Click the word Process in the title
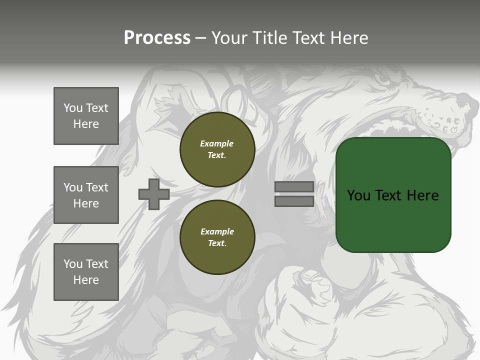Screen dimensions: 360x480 157,38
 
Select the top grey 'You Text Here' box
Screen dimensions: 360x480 86,116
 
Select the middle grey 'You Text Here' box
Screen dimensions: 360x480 86,195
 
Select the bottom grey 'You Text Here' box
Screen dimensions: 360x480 86,272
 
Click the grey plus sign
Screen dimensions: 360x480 154,194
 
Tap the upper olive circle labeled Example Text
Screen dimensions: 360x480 217,149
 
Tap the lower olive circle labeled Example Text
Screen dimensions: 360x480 217,237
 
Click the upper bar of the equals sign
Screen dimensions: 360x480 294,187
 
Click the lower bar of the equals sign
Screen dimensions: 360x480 294,201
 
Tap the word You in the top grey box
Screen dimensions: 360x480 73,108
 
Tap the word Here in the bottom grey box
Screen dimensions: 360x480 86,280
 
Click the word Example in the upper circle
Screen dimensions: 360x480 217,143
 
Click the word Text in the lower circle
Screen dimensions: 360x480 217,243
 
